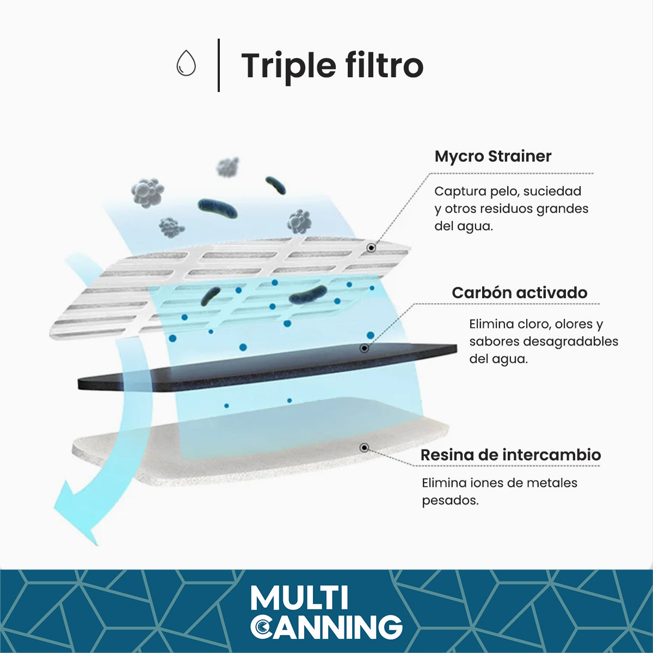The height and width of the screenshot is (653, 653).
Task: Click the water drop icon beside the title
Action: point(186,63)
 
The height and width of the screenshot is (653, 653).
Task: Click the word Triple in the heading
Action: point(288,66)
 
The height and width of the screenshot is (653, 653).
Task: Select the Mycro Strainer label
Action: point(493,157)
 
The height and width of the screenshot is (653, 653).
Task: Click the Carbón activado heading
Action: point(520,293)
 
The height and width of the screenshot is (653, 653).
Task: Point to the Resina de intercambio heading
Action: point(510,455)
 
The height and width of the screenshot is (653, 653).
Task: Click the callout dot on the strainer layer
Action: point(372,248)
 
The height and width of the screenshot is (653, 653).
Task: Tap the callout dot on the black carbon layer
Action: point(364,348)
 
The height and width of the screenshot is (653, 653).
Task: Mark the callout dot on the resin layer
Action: point(364,448)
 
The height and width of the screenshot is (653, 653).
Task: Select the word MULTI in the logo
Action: point(299,598)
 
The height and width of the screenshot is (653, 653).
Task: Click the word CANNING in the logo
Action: point(326,626)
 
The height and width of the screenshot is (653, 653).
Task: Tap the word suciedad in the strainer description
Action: point(552,192)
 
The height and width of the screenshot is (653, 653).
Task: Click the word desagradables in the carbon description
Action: point(571,342)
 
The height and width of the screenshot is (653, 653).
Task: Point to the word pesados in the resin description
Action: point(451,501)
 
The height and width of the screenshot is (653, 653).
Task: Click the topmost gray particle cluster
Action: point(228,167)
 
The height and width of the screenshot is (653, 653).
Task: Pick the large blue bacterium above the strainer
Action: point(217,208)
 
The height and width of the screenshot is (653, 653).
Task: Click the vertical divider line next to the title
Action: point(219,65)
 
